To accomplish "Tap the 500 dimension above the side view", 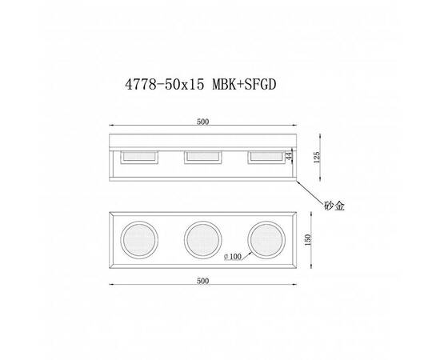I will tap(202, 122).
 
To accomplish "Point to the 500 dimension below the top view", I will tap(202, 282).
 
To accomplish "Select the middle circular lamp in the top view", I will tap(202, 239).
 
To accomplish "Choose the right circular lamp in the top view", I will tap(266, 239).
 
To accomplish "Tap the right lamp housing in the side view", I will tap(266, 158).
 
